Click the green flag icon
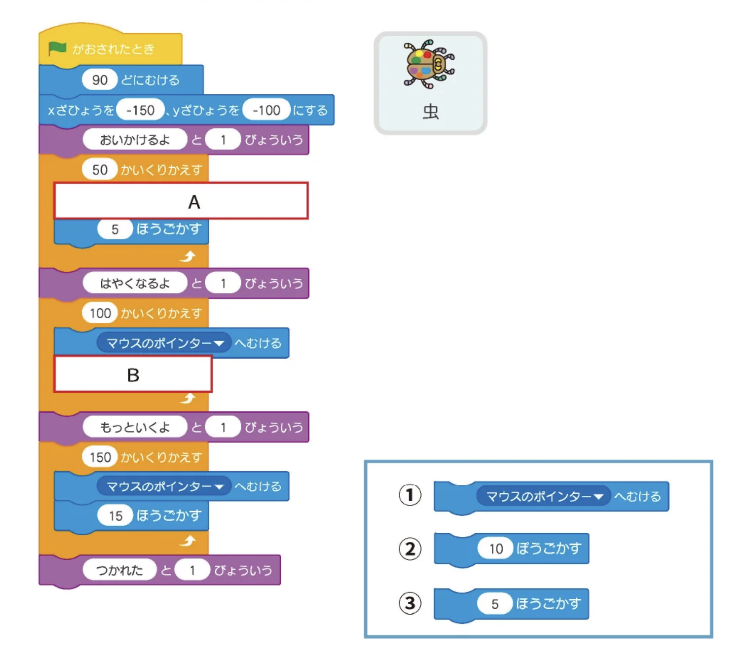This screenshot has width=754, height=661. (57, 48)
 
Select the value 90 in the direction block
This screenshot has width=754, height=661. (100, 80)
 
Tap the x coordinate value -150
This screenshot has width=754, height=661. (140, 110)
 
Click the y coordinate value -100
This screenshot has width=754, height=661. (266, 110)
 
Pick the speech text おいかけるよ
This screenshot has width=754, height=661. (134, 140)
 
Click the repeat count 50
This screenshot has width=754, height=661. (100, 169)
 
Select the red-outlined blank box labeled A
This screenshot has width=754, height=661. (181, 201)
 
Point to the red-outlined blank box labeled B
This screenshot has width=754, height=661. (133, 374)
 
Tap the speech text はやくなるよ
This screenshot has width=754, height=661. (134, 283)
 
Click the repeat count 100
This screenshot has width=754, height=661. (100, 313)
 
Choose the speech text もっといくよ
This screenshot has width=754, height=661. (134, 427)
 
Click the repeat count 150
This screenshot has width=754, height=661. (100, 457)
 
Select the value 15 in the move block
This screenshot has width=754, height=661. (115, 516)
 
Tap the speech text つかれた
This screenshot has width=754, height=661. (120, 570)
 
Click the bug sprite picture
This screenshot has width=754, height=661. (429, 64)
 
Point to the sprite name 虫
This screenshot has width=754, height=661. (430, 112)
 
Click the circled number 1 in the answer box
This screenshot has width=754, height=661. (410, 495)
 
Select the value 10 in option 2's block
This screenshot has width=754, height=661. (496, 548)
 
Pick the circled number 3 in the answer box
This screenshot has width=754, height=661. (410, 603)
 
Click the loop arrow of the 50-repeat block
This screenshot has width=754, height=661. (188, 256)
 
